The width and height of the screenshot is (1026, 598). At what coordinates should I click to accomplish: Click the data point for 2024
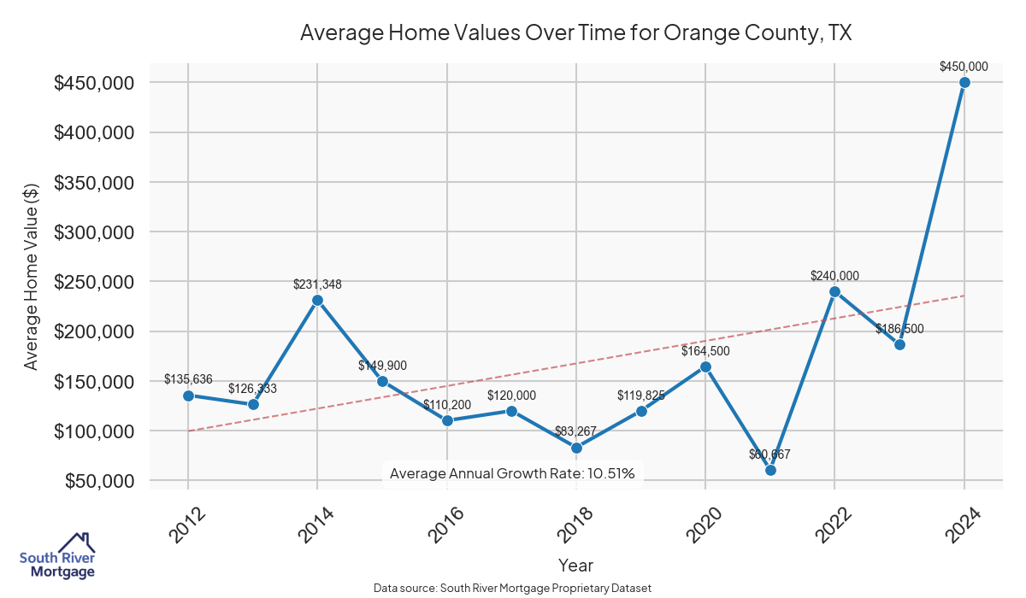pos(964,83)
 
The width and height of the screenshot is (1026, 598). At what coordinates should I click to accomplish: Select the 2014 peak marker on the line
pos(317,300)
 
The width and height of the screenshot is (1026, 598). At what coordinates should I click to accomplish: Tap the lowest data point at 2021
pos(770,470)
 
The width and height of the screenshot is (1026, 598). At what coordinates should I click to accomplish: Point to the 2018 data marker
pos(576,448)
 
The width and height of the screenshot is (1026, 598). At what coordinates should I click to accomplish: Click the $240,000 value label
pos(835,276)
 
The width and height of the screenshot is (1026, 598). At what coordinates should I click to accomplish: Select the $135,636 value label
pos(188,379)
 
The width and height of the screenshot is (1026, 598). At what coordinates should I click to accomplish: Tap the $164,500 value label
pos(705,351)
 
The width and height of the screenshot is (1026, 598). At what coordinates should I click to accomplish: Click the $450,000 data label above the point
pos(964,66)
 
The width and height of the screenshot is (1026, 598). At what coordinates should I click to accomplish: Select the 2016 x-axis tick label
pos(447,523)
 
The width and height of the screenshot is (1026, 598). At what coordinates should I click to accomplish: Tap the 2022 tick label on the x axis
pos(835,523)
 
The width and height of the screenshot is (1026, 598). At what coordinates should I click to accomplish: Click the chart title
pos(576,33)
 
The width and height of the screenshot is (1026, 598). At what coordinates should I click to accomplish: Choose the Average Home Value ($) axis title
pos(31,277)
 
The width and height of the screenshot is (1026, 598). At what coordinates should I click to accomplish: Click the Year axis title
pos(575,565)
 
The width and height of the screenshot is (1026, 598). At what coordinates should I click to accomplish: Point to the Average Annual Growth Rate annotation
pos(512,473)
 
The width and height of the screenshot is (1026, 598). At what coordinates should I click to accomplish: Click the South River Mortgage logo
pos(57,555)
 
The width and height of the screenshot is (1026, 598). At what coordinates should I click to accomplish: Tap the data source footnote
pos(512,588)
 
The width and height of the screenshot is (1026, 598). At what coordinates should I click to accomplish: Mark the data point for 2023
pos(899,344)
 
